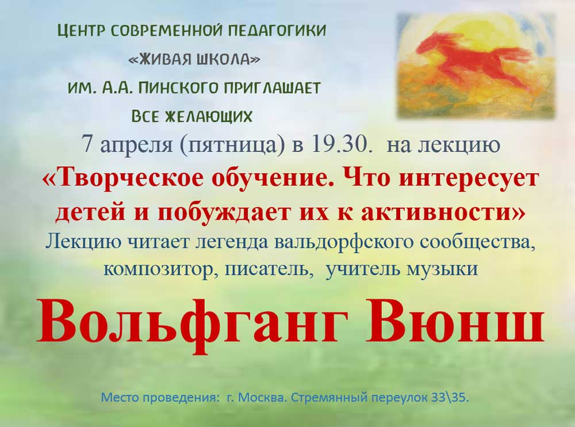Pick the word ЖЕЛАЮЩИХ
[209, 116]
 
